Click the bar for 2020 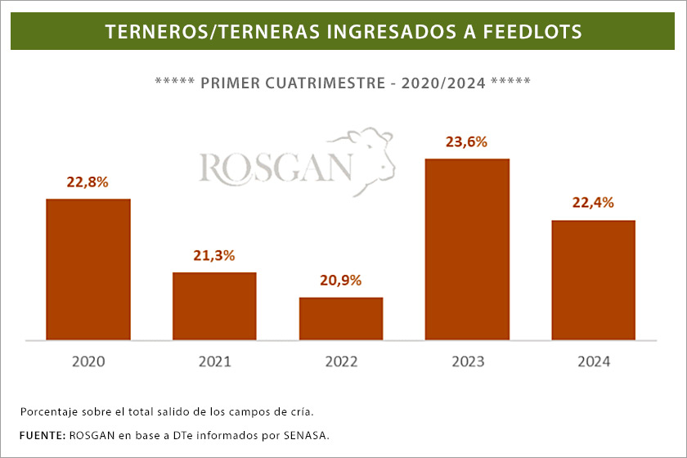point(88,269)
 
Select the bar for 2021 point(214,306)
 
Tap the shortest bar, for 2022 point(341,318)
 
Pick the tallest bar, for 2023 point(467,249)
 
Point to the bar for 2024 point(594,280)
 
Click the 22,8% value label point(88,182)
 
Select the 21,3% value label point(214,255)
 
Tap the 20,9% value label point(341,281)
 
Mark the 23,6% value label point(467,141)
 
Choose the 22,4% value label point(594,203)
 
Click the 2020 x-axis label point(88,361)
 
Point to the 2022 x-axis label point(341,361)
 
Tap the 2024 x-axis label point(594,361)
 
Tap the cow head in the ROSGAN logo point(373,151)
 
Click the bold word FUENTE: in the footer point(42,434)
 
